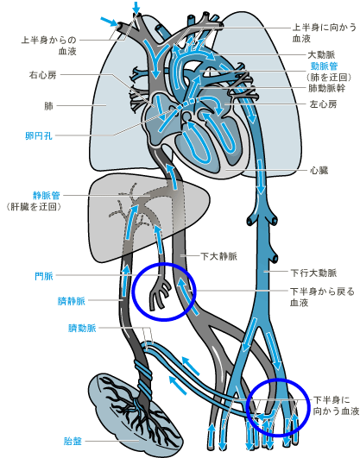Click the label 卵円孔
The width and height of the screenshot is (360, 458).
pyautogui.click(x=39, y=135)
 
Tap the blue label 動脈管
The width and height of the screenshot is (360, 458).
pyautogui.click(x=324, y=66)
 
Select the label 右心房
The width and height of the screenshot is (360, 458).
pyautogui.click(x=42, y=75)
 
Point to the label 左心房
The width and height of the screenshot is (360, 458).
pyautogui.click(x=323, y=104)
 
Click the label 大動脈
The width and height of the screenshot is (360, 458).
pyautogui.click(x=321, y=54)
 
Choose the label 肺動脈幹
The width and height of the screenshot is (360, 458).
pyautogui.click(x=327, y=88)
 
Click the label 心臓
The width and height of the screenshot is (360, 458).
pyautogui.click(x=319, y=170)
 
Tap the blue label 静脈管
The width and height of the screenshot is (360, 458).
pyautogui.click(x=47, y=195)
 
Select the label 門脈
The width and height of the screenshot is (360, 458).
pyautogui.click(x=44, y=276)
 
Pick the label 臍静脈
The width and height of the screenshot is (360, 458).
pyautogui.click(x=71, y=301)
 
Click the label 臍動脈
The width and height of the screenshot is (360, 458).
pyautogui.click(x=82, y=328)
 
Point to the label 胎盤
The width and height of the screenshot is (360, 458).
pyautogui.click(x=73, y=441)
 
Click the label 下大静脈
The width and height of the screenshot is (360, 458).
pyautogui.click(x=218, y=256)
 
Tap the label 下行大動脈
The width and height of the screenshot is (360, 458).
pyautogui.click(x=313, y=273)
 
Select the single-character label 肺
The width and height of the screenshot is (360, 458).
pyautogui.click(x=48, y=106)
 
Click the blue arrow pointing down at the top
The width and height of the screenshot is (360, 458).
pyautogui.click(x=136, y=7)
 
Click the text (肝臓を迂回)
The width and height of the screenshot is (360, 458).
pyautogui.click(x=34, y=207)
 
